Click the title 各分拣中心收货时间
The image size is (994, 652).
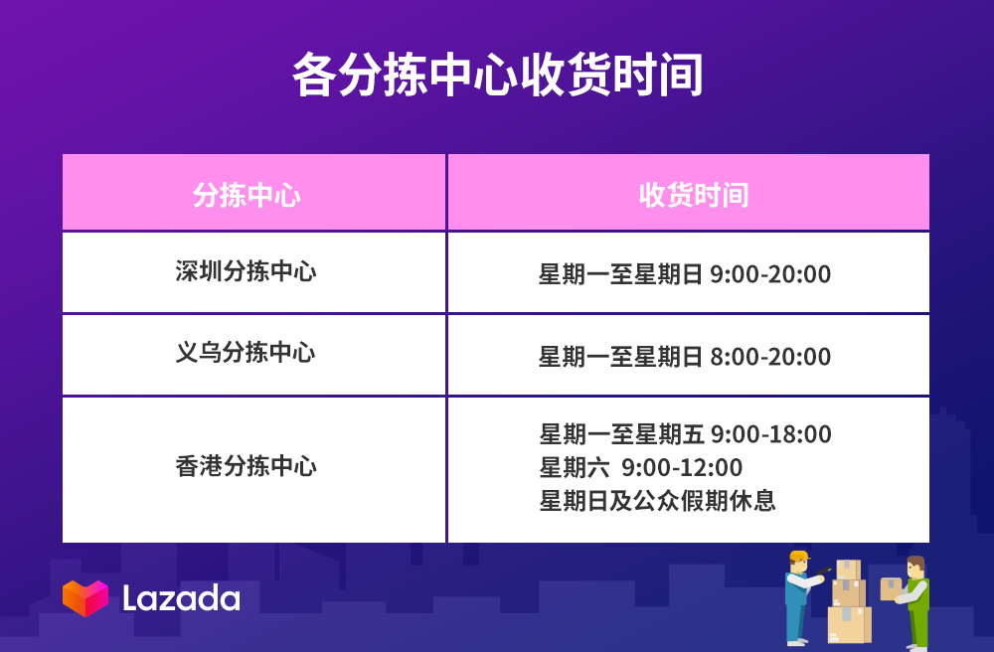[498, 75]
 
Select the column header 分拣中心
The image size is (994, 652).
[247, 195]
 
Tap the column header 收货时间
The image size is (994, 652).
[694, 195]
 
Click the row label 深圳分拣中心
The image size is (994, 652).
[246, 271]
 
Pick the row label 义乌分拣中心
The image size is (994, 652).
[246, 352]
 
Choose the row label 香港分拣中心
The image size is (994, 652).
[246, 466]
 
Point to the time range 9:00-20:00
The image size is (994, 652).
[770, 274]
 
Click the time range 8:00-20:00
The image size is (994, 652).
[770, 357]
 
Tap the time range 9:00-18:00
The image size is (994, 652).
[771, 434]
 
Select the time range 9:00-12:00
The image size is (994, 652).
[682, 468]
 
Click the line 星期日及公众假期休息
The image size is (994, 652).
[657, 501]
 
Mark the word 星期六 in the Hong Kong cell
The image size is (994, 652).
[575, 468]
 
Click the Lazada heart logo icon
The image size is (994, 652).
[85, 598]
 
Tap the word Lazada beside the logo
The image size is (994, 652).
[181, 598]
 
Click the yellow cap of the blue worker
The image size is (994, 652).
[799, 557]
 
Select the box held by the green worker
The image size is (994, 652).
[891, 588]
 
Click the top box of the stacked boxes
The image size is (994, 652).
[848, 570]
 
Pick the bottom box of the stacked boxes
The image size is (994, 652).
[850, 625]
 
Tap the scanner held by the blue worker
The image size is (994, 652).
[823, 570]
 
